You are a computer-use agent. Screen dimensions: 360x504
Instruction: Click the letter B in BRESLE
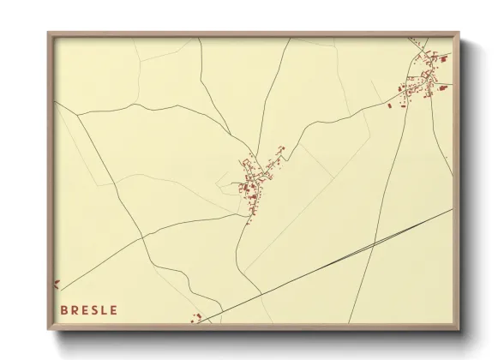click(x=65, y=309)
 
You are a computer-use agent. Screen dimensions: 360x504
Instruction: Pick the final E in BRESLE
click(x=115, y=309)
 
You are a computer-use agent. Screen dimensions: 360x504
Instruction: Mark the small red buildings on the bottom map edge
click(x=197, y=319)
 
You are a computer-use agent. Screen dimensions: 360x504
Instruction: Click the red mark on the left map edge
click(x=57, y=284)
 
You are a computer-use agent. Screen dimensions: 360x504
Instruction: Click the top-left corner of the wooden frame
click(x=48, y=33)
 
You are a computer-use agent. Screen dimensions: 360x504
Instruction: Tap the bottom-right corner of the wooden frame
click(x=459, y=329)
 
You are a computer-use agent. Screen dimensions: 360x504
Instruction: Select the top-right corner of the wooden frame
click(x=459, y=33)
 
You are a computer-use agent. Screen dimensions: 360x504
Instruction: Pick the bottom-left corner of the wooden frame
click(x=48, y=329)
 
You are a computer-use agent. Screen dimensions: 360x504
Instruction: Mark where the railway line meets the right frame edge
click(x=452, y=208)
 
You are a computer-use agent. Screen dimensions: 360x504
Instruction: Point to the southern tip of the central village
click(x=249, y=221)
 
